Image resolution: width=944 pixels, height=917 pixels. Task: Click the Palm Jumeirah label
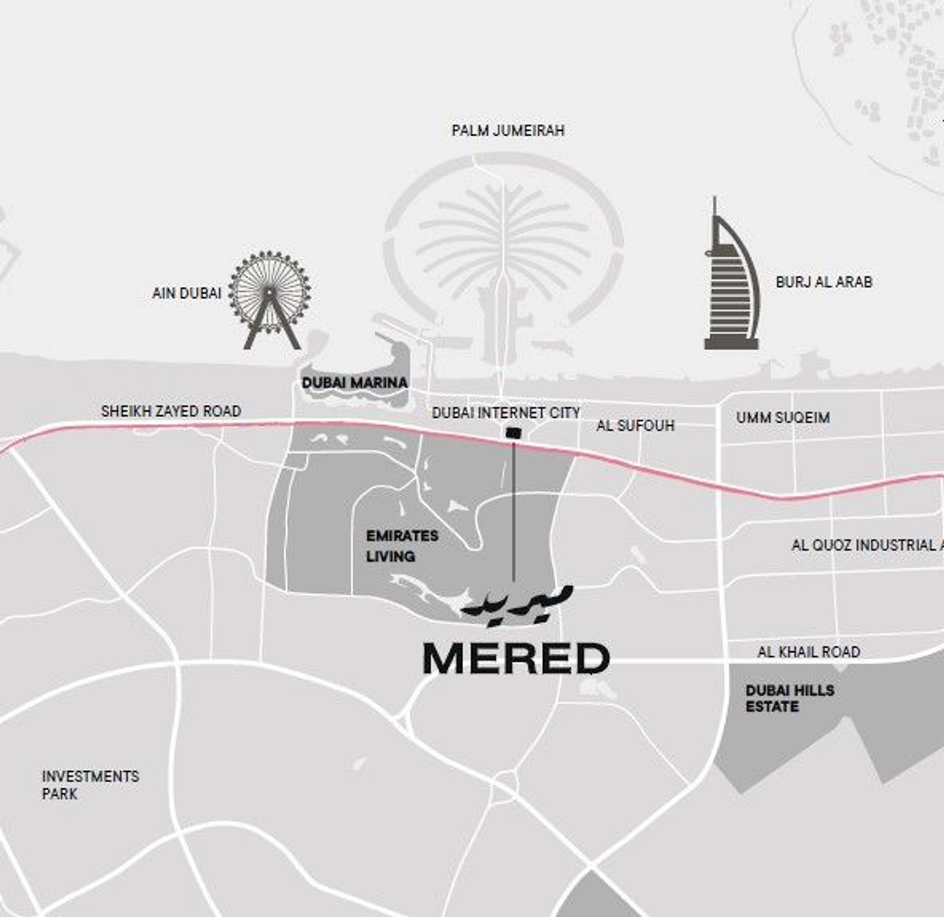tap(508, 130)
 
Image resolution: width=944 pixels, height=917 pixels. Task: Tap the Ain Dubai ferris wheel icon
tap(270, 298)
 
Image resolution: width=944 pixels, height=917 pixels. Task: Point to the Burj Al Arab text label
tap(823, 281)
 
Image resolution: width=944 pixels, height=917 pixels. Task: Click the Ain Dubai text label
tap(186, 293)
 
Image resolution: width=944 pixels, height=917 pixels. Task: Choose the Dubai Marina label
tap(355, 383)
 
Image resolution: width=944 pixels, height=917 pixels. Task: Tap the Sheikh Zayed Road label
tap(171, 411)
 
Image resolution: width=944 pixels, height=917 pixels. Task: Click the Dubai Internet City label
tap(506, 412)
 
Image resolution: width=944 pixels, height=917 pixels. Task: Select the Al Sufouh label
tap(635, 426)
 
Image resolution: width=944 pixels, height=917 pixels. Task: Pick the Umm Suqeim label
tap(783, 417)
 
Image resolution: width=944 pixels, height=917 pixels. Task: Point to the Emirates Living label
tap(401, 546)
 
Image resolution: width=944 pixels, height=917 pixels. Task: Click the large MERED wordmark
tap(516, 659)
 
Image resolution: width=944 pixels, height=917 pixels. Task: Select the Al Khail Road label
tap(808, 652)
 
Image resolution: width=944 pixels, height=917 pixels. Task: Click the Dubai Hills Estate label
tap(789, 698)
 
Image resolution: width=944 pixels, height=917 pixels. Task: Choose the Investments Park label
tap(90, 785)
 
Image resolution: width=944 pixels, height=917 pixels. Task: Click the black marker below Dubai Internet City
tap(513, 432)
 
